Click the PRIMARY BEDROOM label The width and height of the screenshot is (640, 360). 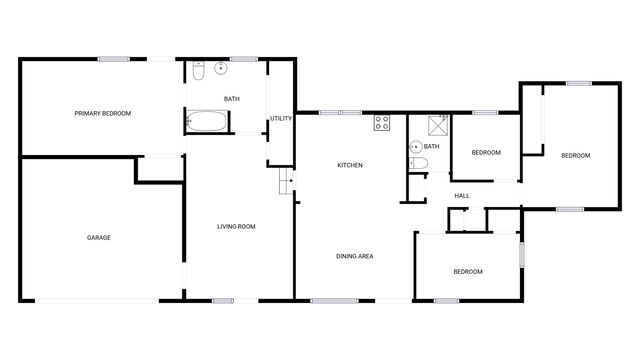tap(103, 114)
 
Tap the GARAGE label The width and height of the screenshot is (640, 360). tap(98, 238)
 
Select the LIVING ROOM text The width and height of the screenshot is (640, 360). tap(237, 227)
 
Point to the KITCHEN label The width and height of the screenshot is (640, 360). tap(349, 165)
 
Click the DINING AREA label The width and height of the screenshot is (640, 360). tap(355, 257)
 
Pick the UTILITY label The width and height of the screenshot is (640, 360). tap(281, 119)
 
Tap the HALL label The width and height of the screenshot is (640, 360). tap(462, 195)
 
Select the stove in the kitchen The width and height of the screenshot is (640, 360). tap(381, 123)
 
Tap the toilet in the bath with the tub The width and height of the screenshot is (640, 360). tap(198, 71)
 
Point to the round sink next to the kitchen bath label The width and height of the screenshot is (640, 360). tap(414, 146)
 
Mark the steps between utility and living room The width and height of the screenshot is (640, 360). tap(284, 183)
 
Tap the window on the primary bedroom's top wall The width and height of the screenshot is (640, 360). tap(112, 59)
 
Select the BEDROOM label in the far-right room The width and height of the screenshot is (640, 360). tap(575, 155)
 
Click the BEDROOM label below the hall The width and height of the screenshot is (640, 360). tap(468, 272)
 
